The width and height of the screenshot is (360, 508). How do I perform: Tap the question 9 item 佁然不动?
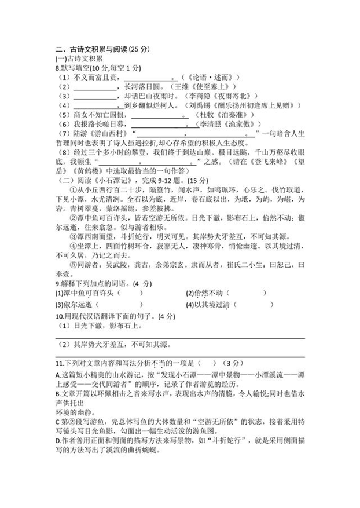212,293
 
